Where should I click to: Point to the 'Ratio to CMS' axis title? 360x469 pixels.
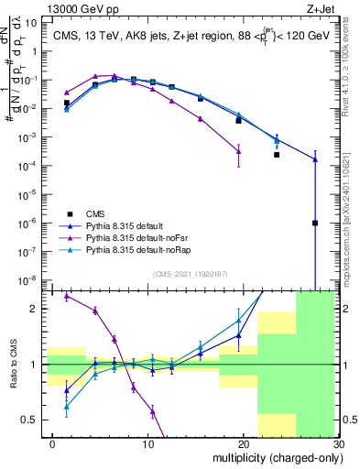tap(13, 365)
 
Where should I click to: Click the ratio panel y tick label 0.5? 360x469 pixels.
tap(32, 420)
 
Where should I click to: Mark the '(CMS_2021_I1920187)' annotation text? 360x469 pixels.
tap(190, 274)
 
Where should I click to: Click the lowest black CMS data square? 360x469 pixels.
tap(314, 223)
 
